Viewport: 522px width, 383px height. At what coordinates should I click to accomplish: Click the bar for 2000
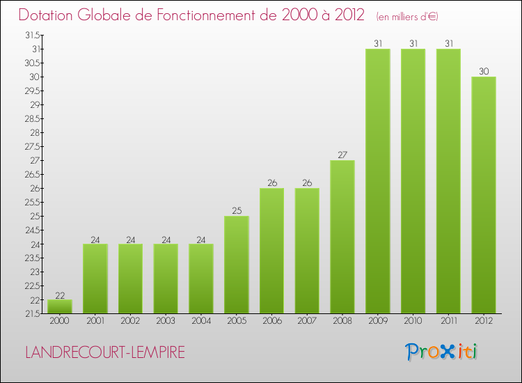(60, 306)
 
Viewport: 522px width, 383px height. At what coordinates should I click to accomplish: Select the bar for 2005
(237, 265)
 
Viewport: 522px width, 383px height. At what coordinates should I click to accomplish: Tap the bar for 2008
(342, 237)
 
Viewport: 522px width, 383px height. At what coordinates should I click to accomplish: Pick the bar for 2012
(484, 195)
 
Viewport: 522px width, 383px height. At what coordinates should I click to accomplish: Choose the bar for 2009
(378, 181)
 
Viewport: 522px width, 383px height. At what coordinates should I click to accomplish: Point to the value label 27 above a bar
(342, 155)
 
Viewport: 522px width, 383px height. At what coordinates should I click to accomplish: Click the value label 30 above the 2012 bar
(484, 72)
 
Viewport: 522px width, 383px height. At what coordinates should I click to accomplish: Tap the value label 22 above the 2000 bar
(60, 295)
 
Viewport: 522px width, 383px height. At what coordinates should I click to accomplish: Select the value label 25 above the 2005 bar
(237, 211)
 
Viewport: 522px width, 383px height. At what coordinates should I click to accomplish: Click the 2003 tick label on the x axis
(166, 320)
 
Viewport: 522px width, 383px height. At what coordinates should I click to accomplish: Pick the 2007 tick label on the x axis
(307, 320)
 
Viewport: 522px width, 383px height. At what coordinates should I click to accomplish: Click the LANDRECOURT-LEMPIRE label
(105, 352)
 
